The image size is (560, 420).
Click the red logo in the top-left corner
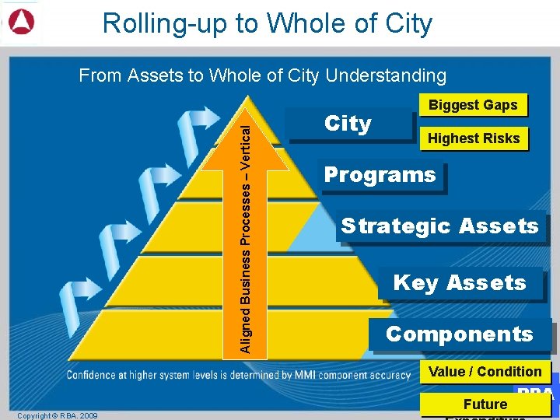21,23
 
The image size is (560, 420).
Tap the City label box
349,124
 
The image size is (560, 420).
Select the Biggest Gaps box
473,105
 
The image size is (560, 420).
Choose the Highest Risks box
474,138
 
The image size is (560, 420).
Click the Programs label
380,175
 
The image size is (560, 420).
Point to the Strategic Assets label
440,226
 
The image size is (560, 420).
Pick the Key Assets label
460,283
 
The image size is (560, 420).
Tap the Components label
460,334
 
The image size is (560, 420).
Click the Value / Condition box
485,372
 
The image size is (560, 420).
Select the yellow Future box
485,404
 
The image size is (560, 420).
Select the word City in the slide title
409,23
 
